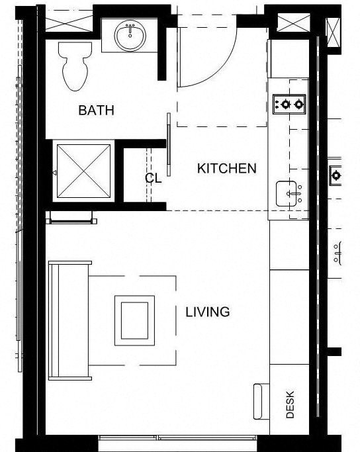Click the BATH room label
(x=96, y=110)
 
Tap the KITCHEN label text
(x=226, y=169)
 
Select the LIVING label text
(x=207, y=312)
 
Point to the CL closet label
(x=154, y=178)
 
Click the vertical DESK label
(x=290, y=404)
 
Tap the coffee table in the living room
(x=134, y=320)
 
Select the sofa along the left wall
(x=69, y=320)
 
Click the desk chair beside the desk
(x=259, y=401)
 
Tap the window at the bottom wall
(x=177, y=438)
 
